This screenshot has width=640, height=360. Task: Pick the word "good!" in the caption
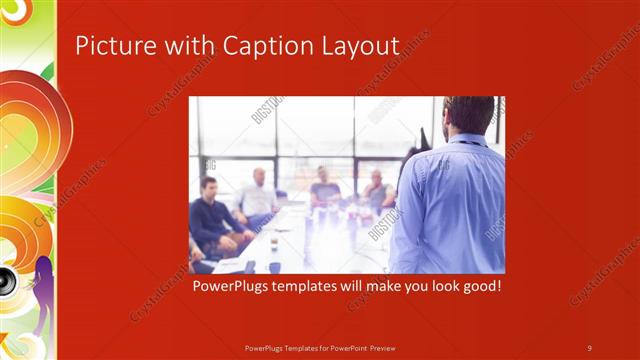(476, 286)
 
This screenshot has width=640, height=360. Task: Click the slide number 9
(589, 347)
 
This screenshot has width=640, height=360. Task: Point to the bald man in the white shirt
(258, 195)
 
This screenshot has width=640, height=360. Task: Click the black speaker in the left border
(5, 279)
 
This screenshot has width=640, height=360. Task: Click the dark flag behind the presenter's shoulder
(424, 138)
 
